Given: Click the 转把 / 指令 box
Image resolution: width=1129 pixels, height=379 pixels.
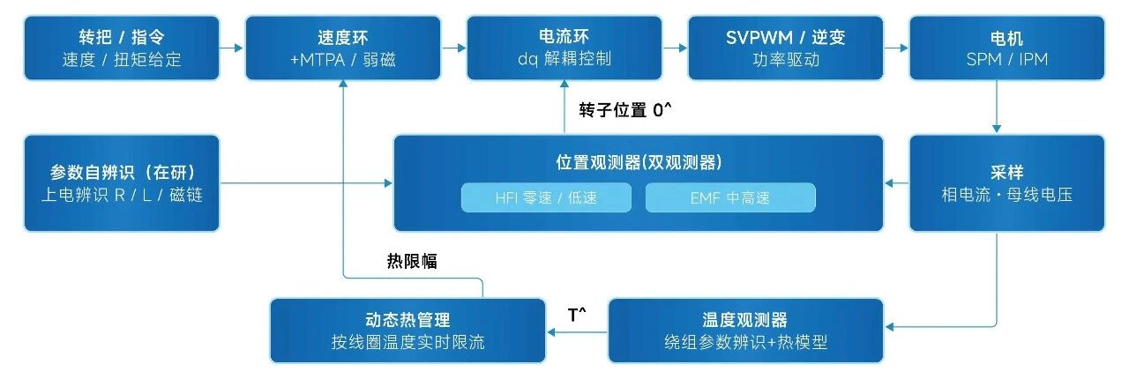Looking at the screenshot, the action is point(122,48).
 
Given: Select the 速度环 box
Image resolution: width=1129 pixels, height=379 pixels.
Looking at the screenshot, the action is point(343,48).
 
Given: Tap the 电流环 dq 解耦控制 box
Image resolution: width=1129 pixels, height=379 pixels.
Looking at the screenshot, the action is point(564,48).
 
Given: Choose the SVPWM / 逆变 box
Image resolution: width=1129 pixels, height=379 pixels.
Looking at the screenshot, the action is point(785,48).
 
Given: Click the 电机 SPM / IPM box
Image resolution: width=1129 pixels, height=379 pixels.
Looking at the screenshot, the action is point(1006,48).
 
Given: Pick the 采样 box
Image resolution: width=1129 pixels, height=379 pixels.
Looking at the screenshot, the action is point(1006,183).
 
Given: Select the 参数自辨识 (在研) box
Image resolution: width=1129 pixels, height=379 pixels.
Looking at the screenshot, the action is point(122,183).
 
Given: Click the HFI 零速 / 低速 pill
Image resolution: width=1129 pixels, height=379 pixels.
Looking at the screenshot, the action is point(546,197).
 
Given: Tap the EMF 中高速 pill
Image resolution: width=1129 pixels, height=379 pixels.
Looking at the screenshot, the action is point(730,197).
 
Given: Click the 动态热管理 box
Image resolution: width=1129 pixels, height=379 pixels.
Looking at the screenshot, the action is point(407,331).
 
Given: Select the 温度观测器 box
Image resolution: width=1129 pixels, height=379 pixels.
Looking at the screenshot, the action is point(745,331).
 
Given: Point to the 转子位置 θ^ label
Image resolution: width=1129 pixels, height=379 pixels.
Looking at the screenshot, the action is point(625,109).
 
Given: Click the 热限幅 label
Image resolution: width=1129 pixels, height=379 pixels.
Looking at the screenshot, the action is point(412,261).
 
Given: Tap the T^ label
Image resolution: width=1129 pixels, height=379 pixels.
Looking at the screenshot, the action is point(577,315).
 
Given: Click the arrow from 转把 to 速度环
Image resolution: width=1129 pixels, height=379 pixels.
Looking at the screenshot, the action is point(232,48).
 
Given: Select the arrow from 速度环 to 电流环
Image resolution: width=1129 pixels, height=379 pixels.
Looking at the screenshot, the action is point(453,48).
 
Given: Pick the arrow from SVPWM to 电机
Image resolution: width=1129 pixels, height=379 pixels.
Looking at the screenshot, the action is point(896,48).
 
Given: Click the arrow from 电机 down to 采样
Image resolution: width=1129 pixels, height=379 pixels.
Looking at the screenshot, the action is point(997,107).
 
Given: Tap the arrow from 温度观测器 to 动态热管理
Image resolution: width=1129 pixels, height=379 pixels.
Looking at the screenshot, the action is point(577,332).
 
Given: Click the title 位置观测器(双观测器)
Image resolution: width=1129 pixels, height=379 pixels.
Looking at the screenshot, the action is point(639,162).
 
